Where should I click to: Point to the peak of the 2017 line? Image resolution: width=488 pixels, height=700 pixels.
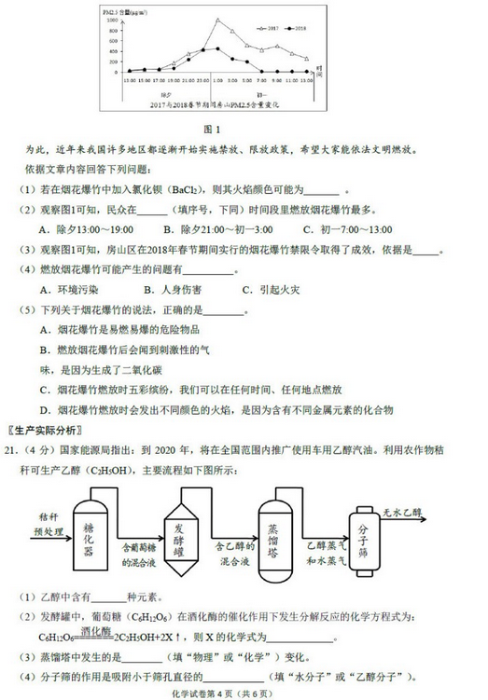pyautogui.click(x=217, y=20)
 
